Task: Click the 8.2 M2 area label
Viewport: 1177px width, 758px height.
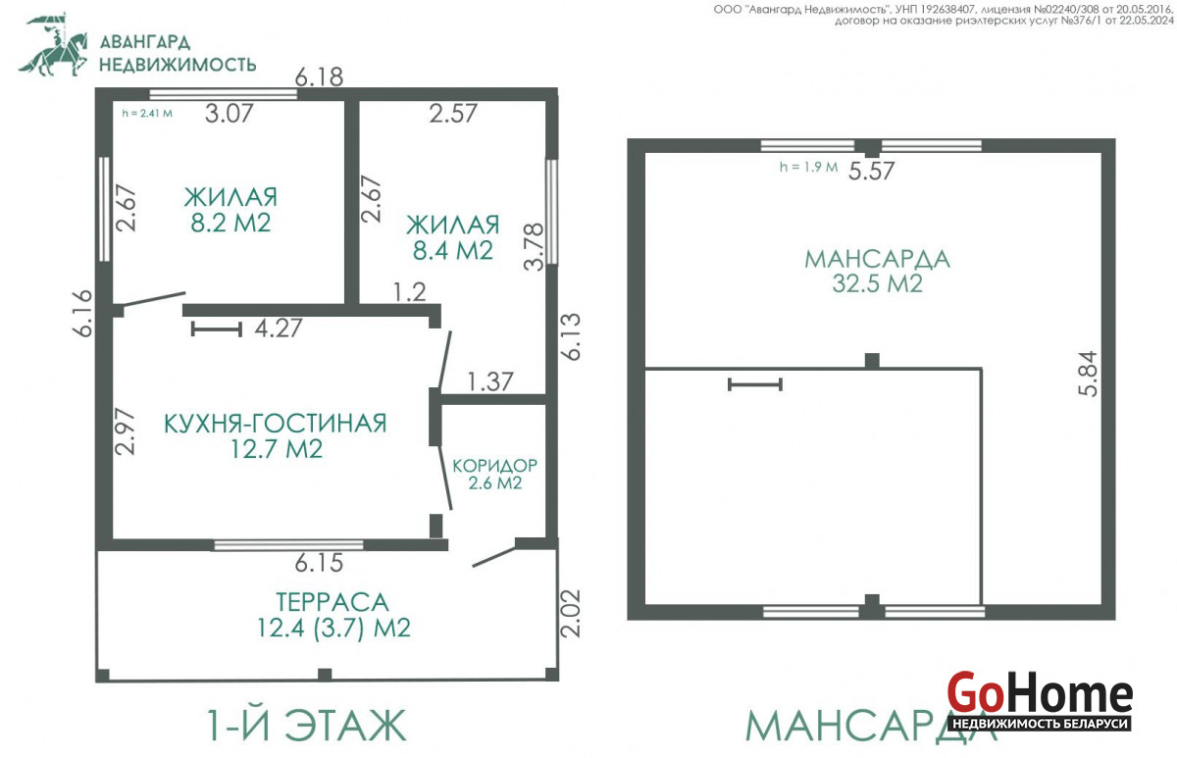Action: pos(230,224)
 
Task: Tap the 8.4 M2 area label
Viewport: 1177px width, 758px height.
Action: pos(453,251)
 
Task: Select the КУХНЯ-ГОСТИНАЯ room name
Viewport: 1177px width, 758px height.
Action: pos(276,424)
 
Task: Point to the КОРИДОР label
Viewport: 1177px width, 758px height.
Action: pos(495,466)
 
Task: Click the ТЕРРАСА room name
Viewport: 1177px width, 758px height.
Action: pos(333,602)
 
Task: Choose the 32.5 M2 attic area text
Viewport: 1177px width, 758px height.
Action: pos(877,283)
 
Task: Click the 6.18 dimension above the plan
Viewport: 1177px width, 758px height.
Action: pos(319,77)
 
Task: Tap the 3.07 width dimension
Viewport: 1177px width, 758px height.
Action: pos(230,114)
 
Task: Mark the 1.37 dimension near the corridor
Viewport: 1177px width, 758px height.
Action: pos(489,381)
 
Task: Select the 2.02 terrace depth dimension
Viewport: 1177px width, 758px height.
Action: pos(570,614)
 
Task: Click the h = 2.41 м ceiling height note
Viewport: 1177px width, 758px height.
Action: pos(146,113)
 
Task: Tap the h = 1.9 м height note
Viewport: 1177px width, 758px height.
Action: pos(808,167)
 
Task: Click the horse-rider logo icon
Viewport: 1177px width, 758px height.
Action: pos(54,45)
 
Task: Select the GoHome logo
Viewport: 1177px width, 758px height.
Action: pos(1040,701)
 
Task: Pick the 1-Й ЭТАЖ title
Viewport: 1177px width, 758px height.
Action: pos(307,726)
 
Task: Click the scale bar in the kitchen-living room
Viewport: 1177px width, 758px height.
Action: pos(217,329)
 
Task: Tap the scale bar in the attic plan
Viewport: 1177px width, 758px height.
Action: pos(755,384)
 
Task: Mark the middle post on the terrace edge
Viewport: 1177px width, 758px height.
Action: pos(325,675)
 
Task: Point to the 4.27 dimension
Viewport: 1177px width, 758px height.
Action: pos(279,328)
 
